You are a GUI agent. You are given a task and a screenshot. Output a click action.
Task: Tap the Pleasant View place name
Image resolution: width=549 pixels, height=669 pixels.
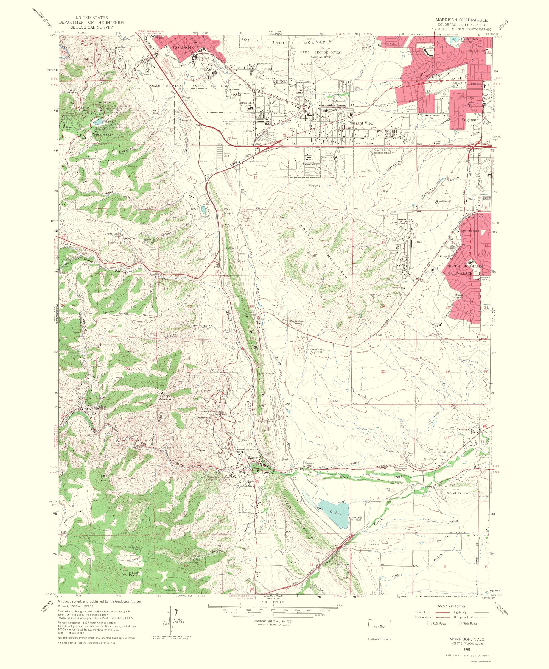360,123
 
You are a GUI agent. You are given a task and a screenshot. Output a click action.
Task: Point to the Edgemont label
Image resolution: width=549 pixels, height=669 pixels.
470,120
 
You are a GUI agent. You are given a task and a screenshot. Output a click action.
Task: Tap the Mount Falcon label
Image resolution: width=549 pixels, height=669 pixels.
133,574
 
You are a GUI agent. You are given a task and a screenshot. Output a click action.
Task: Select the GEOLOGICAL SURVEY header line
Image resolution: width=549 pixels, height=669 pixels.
91,27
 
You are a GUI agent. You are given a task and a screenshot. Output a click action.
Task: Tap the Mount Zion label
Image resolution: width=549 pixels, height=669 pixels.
90,62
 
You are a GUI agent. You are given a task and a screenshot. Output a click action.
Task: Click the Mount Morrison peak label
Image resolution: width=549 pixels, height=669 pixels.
165,396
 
